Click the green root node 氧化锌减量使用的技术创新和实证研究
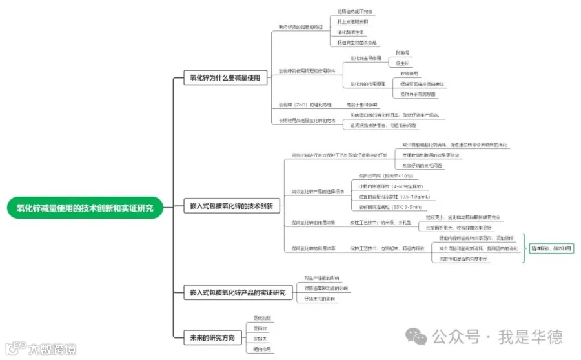(85, 207)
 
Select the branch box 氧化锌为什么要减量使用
(225, 78)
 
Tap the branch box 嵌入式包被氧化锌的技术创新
(230, 207)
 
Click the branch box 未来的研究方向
(212, 337)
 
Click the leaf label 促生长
(402, 63)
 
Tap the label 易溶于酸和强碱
(362, 105)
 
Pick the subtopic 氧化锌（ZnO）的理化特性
(305, 105)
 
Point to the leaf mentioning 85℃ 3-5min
(390, 206)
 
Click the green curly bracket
(524, 248)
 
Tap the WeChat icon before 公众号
(417, 336)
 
